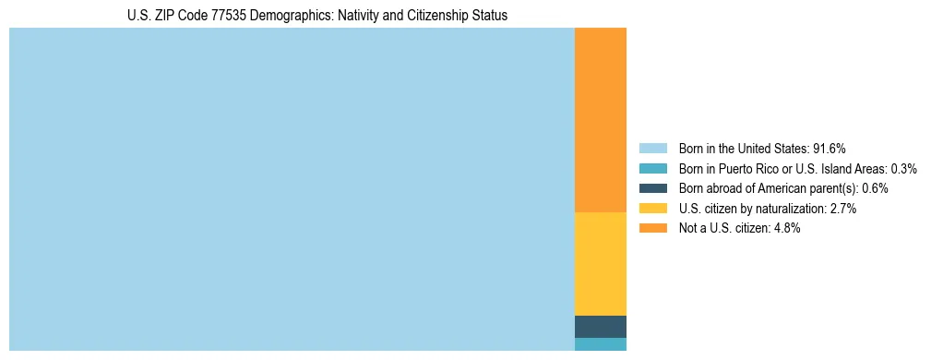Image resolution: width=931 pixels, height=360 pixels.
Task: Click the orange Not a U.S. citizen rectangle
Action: pyautogui.click(x=600, y=120)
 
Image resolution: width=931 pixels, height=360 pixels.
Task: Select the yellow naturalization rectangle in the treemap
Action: pyautogui.click(x=600, y=264)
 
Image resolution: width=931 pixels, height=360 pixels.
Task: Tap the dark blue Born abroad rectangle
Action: pyautogui.click(x=600, y=327)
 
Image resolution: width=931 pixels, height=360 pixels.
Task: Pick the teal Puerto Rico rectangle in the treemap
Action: pyautogui.click(x=600, y=344)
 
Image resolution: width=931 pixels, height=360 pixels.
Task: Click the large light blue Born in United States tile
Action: pyautogui.click(x=292, y=189)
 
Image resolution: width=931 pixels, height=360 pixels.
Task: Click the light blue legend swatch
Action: pyautogui.click(x=652, y=149)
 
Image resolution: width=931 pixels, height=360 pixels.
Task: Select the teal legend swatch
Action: pyautogui.click(x=652, y=169)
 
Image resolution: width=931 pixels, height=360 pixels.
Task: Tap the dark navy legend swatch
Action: pyautogui.click(x=652, y=188)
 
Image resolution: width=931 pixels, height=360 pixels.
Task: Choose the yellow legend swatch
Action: pyautogui.click(x=652, y=209)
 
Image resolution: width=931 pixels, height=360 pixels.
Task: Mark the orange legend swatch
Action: pyautogui.click(x=652, y=228)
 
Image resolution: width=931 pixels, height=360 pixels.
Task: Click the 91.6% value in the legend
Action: pyautogui.click(x=830, y=149)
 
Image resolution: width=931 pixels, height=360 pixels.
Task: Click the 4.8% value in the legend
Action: pyautogui.click(x=784, y=228)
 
